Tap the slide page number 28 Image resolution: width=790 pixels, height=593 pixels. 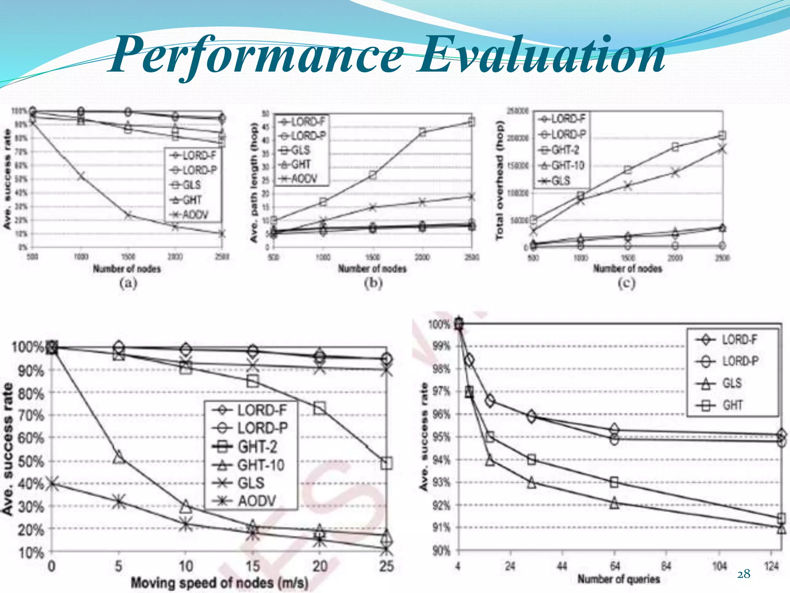[744, 574]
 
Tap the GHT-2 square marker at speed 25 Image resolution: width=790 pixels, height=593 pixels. [386, 463]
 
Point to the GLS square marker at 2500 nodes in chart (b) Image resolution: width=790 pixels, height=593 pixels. [471, 122]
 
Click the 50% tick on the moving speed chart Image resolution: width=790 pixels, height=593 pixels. [31, 461]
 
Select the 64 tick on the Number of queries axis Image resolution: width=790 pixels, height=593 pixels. [614, 566]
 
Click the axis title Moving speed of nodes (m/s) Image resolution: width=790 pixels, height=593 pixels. [219, 582]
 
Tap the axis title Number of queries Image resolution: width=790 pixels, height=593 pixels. [618, 579]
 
